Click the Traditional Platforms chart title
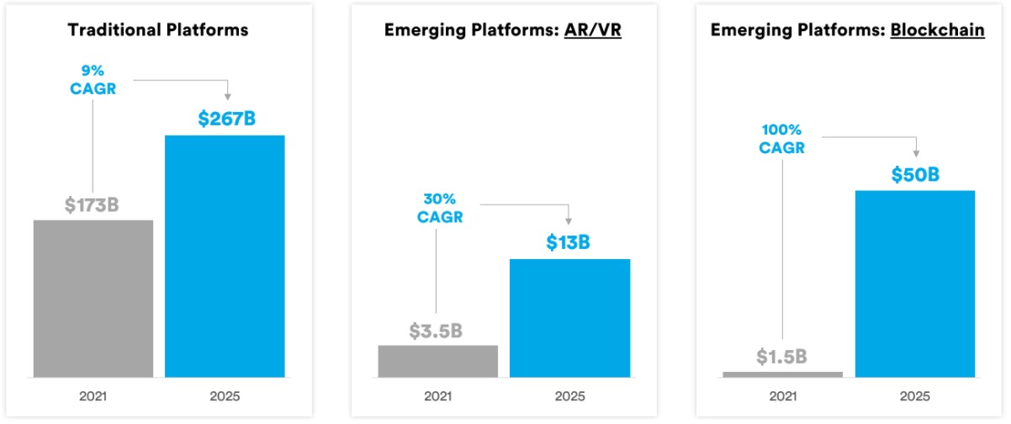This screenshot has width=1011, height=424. (x=158, y=30)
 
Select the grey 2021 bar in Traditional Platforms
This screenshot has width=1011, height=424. (x=93, y=299)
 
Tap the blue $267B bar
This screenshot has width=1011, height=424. (x=225, y=256)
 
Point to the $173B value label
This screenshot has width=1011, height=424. (x=92, y=204)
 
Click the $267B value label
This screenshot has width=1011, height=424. (x=226, y=119)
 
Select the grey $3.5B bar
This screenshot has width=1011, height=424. (x=437, y=361)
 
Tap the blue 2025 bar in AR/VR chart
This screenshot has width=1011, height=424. (x=569, y=318)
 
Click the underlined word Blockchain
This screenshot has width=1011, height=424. (x=938, y=30)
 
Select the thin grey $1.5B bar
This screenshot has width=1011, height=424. (x=781, y=374)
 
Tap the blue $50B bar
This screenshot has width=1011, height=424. (x=914, y=284)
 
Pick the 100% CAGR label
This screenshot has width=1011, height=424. (x=783, y=140)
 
